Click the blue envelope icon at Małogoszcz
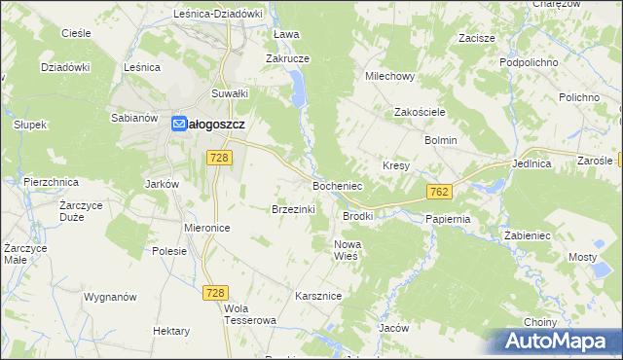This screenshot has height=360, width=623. pyautogui.click(x=180, y=125)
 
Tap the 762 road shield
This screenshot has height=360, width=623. pyautogui.click(x=437, y=193)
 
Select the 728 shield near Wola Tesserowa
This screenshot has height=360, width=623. pyautogui.click(x=215, y=292)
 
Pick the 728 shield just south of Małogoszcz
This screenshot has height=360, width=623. pyautogui.click(x=219, y=158)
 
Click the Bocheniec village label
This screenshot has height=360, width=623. pyautogui.click(x=337, y=185)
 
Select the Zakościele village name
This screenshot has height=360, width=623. pyautogui.click(x=419, y=112)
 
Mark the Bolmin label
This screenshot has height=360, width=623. pyautogui.click(x=440, y=140)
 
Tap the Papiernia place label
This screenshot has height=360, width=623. pyautogui.click(x=448, y=219)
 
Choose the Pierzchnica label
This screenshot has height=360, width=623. pyautogui.click(x=50, y=182)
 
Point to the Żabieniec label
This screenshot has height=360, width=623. pyautogui.click(x=529, y=235)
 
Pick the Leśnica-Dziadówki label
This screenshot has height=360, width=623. pyautogui.click(x=204, y=14)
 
